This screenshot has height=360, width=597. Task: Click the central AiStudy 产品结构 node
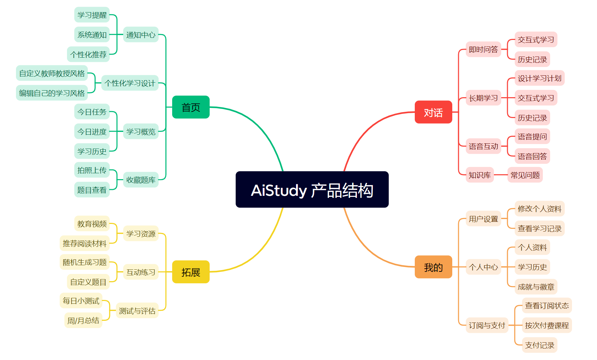click(x=312, y=190)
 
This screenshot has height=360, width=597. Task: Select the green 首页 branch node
click(x=191, y=107)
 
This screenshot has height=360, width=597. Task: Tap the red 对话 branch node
click(x=434, y=112)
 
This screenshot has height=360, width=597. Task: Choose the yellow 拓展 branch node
click(x=191, y=272)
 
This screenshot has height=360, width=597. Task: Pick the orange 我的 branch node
click(x=434, y=267)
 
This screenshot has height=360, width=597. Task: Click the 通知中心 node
click(x=141, y=35)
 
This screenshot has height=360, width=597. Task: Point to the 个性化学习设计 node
click(x=130, y=83)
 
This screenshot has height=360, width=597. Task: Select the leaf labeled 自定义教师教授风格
click(x=52, y=73)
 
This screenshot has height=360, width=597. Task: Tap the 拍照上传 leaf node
click(x=92, y=170)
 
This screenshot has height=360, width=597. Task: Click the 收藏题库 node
click(x=141, y=180)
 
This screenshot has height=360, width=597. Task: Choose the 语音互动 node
click(x=484, y=146)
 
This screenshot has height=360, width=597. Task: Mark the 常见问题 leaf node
click(x=525, y=175)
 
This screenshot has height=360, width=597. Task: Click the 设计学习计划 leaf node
click(x=540, y=78)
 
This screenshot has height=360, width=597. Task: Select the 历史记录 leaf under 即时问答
click(x=532, y=59)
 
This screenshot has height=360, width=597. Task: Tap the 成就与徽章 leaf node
click(x=536, y=287)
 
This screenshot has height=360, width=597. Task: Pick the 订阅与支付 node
click(x=487, y=325)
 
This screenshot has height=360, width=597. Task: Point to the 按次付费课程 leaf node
click(x=547, y=325)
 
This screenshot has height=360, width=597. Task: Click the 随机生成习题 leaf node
click(x=85, y=262)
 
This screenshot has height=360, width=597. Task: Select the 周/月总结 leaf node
click(x=83, y=320)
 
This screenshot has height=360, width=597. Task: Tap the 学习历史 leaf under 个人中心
click(x=532, y=267)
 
